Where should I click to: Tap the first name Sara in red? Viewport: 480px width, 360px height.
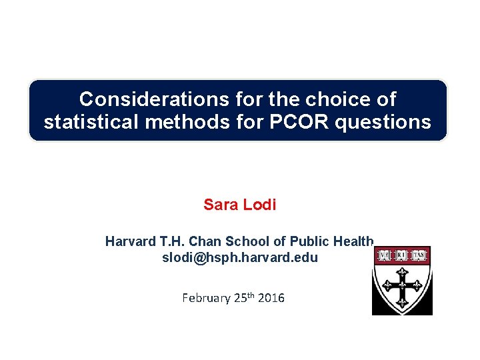coord(219,205)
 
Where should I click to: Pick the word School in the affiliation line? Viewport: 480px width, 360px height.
coord(241,241)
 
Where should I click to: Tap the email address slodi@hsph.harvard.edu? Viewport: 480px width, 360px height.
coord(240,257)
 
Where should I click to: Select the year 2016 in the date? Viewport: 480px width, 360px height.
coord(271,298)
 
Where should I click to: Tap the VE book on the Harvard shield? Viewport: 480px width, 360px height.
coord(385,255)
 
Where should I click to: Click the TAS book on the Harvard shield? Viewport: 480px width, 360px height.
coord(419,255)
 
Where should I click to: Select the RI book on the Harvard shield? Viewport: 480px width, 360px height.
coord(402,255)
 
